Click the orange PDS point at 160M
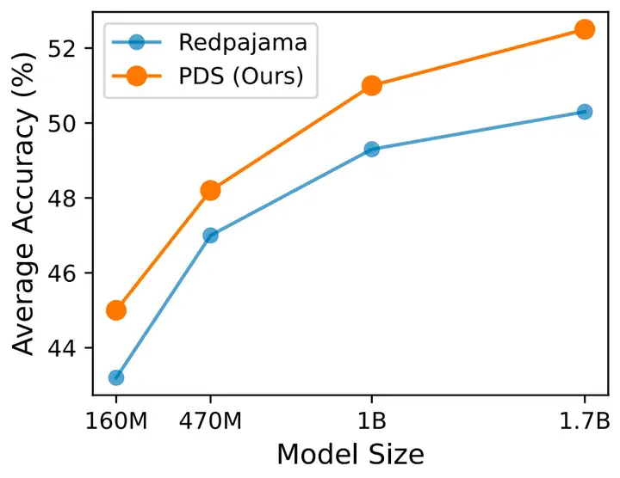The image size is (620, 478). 116,309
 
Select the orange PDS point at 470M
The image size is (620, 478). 210,190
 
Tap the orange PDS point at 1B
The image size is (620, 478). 372,85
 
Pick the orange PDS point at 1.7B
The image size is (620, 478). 585,29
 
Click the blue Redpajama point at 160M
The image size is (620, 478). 116,377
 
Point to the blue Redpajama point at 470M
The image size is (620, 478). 210,235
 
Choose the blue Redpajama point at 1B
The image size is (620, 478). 372,149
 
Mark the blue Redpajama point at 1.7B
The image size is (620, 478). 585,111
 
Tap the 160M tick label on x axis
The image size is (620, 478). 116,423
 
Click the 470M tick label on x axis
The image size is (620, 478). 210,423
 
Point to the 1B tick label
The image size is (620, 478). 372,423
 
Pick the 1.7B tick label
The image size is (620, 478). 585,423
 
